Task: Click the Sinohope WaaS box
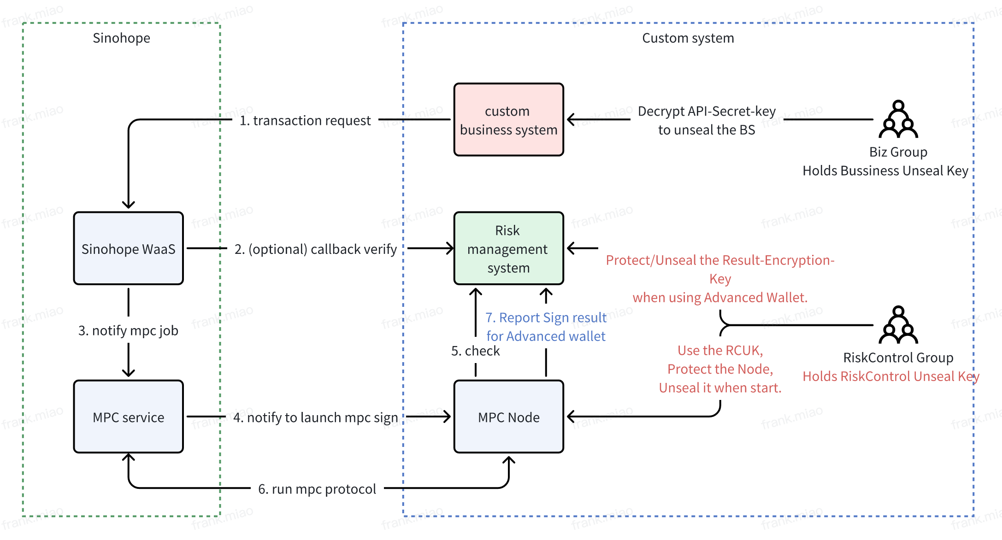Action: click(128, 249)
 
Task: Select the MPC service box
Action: click(128, 417)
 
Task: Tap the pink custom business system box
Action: click(508, 120)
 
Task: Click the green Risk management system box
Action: click(508, 249)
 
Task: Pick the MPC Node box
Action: click(508, 417)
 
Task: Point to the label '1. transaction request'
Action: click(305, 120)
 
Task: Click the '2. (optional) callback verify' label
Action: click(315, 249)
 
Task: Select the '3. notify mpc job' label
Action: click(128, 330)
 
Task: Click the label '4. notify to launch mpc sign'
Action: click(315, 417)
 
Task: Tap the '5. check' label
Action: click(475, 351)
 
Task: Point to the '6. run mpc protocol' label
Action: click(317, 489)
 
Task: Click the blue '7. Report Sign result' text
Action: click(546, 317)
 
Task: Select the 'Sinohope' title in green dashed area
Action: click(121, 38)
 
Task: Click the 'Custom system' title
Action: click(688, 38)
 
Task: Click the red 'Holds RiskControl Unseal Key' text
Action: click(890, 376)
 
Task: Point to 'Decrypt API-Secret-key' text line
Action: click(707, 111)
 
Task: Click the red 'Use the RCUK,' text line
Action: click(720, 351)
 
